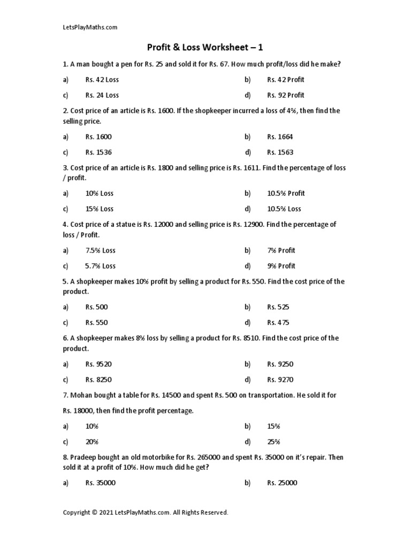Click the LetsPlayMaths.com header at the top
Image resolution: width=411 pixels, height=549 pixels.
click(90, 27)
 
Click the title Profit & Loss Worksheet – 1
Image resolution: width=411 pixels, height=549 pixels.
click(205, 48)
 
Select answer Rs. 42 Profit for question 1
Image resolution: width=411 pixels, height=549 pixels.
click(285, 79)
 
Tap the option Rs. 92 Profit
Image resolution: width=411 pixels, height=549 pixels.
click(285, 95)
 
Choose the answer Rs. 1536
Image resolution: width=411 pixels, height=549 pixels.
click(98, 152)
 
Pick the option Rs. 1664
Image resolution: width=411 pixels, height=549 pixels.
click(280, 137)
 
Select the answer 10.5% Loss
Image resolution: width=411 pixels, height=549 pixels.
click(284, 209)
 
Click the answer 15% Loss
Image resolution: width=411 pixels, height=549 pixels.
click(99, 209)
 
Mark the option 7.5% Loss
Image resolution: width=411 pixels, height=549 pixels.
click(100, 250)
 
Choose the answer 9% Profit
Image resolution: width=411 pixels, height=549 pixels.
click(281, 266)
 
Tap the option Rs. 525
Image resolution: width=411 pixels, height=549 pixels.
click(278, 307)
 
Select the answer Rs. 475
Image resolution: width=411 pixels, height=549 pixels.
click(278, 323)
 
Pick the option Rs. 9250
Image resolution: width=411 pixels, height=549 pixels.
click(280, 364)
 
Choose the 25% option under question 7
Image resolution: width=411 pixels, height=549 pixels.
click(273, 442)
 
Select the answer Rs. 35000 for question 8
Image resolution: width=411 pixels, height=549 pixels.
click(100, 483)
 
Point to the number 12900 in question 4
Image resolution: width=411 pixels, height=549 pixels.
click(253, 225)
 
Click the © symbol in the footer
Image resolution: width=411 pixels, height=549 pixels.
click(94, 513)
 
